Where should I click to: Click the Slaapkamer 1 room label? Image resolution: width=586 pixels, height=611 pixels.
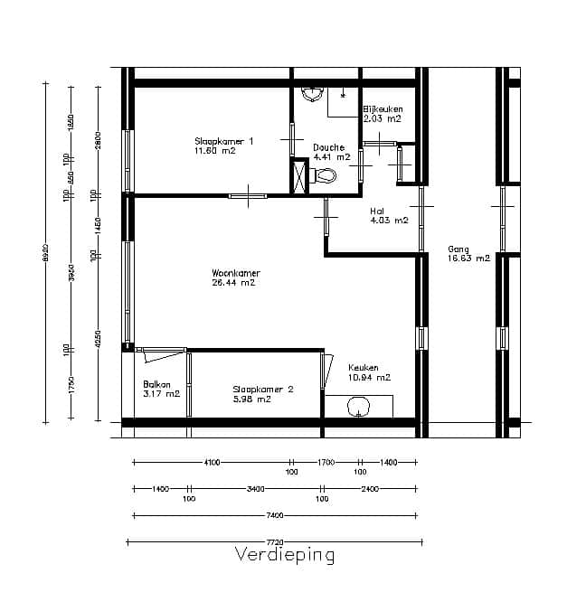[x=223, y=141]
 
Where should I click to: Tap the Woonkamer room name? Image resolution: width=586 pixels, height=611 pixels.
[x=235, y=272]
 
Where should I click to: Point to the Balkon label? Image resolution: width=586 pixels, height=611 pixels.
[x=156, y=384]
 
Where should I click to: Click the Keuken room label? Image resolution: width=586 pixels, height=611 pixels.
[x=364, y=368]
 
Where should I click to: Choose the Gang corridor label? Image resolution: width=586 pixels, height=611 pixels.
[x=458, y=249]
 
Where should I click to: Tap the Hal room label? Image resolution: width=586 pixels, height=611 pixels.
[x=377, y=211]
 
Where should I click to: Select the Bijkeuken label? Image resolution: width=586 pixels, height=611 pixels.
[x=383, y=108]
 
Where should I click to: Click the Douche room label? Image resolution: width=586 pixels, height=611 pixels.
[x=328, y=147]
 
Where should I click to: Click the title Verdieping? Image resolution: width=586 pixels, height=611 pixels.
[x=285, y=554]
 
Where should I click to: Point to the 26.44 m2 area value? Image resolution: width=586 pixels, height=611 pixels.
[x=232, y=282]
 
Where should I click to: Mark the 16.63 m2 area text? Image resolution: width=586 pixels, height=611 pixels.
[x=468, y=258]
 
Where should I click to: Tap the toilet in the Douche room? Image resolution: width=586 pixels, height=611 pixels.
[x=324, y=174]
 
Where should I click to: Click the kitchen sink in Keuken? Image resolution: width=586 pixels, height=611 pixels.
[x=359, y=409]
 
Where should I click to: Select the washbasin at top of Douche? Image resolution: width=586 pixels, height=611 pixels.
[x=313, y=93]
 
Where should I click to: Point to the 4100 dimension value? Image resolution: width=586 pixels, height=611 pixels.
[x=212, y=462]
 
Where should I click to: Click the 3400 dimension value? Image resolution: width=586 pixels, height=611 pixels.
[x=255, y=488]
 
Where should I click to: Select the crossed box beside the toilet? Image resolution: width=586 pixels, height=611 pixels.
[x=299, y=174]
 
